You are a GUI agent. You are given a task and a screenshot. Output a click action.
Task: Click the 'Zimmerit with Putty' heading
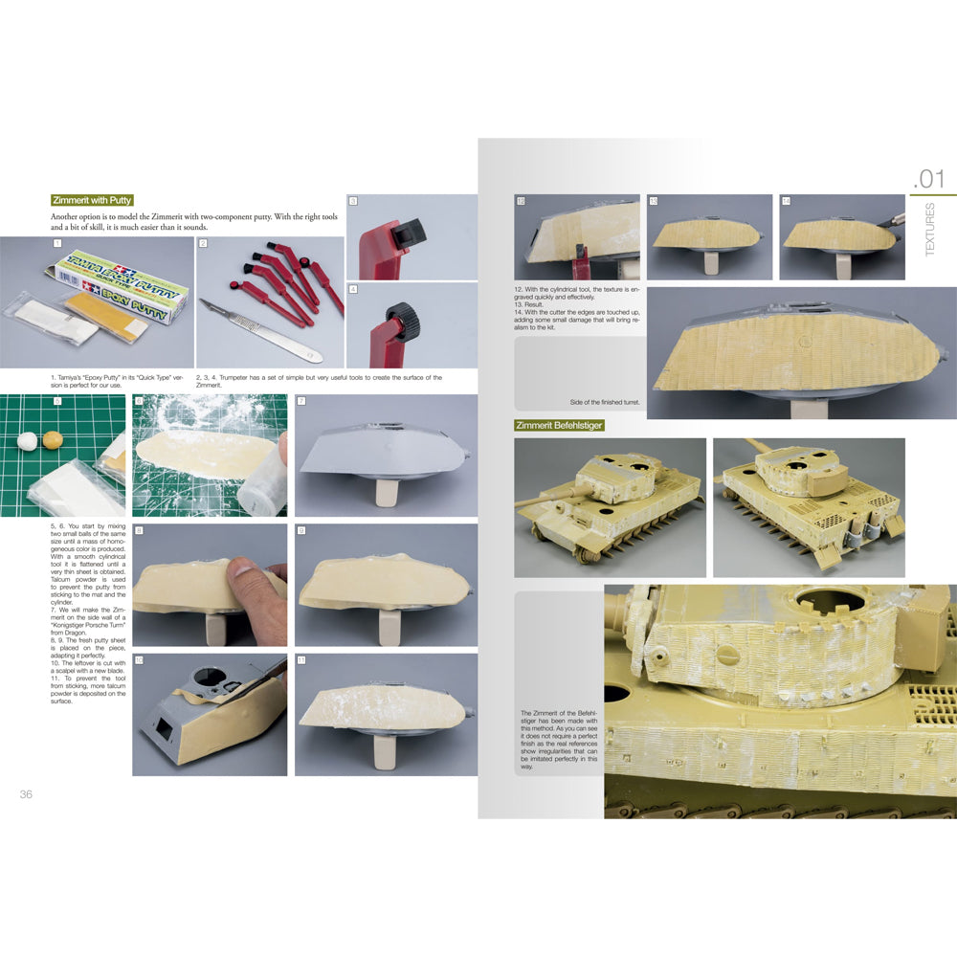point(93,201)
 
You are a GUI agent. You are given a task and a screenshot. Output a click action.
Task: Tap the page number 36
point(26,794)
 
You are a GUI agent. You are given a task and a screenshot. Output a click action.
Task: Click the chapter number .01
point(927,180)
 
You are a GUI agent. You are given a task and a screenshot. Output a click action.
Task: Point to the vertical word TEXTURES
point(930,229)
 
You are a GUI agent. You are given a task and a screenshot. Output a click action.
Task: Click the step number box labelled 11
point(301,661)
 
